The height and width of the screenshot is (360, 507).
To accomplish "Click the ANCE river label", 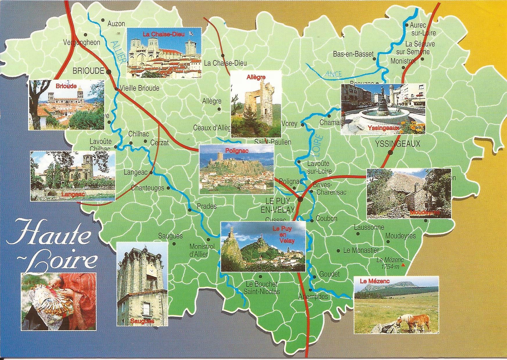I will [334, 74].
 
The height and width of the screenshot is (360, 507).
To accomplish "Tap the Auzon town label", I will [116, 24].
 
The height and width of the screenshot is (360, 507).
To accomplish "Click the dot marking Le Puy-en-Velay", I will [300, 199].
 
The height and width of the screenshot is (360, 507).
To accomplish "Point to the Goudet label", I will [329, 274].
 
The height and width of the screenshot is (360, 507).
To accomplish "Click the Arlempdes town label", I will [313, 296].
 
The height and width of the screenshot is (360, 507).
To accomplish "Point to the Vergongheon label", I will [82, 42].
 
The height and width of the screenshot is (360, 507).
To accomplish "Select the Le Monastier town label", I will [361, 250].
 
